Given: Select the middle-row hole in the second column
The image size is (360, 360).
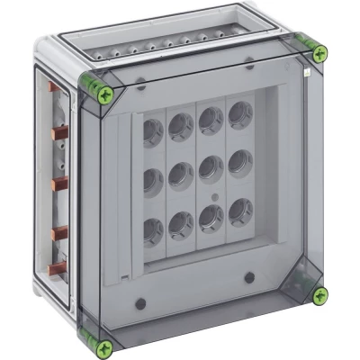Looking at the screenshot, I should (x=180, y=173).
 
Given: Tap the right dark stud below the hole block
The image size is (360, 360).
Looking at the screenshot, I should (x=247, y=275).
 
